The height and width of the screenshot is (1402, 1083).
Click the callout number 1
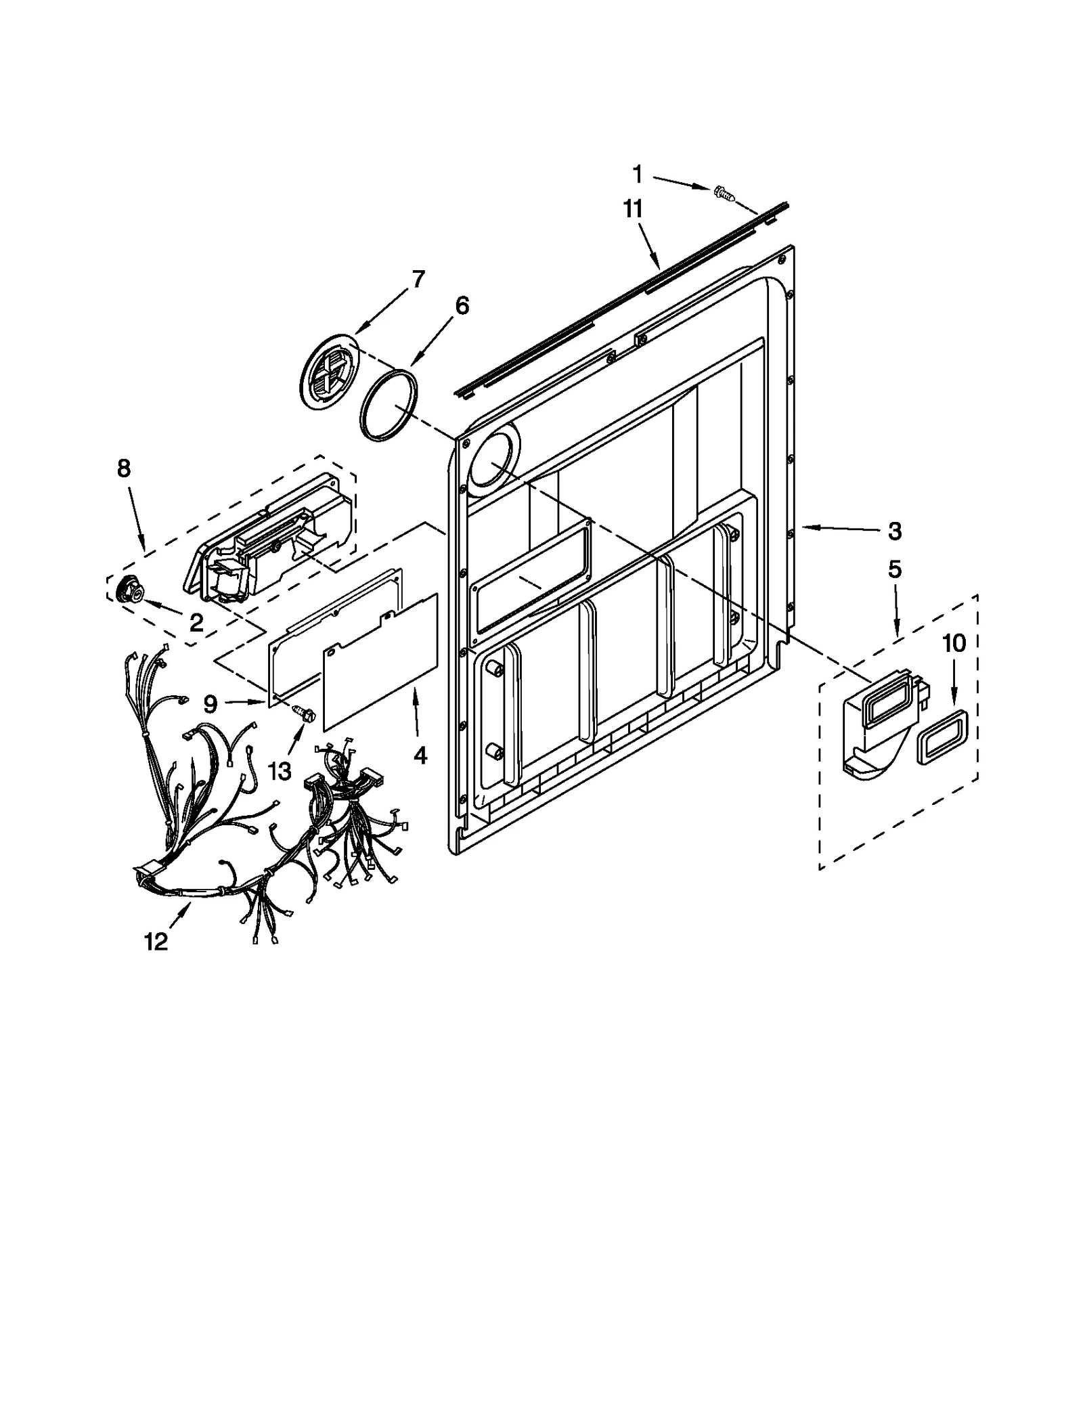tap(637, 175)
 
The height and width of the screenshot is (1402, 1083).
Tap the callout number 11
tap(632, 210)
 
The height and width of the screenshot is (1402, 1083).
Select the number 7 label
tap(418, 278)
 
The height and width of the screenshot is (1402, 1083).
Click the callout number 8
tap(124, 468)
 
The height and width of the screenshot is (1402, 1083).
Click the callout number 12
tap(156, 941)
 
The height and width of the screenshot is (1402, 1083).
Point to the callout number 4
tap(420, 755)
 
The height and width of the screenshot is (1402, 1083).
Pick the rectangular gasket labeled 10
tap(942, 738)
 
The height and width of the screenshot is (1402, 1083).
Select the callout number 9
tap(211, 705)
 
